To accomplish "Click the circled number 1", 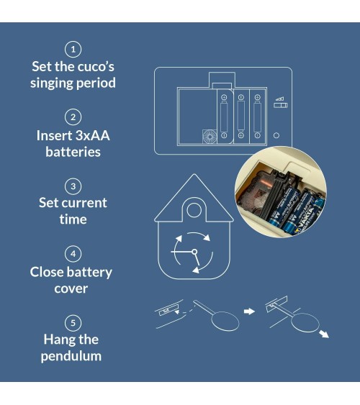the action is [73, 49].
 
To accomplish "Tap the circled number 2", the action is [73, 117].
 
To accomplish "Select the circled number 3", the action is [73, 186].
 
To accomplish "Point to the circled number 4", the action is [73, 254].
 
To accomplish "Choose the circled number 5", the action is [73, 323].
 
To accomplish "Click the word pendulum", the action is [71, 356].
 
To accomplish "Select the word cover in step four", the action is [71, 288].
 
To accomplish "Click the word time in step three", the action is [73, 219].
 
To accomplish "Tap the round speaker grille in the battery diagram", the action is [210, 137].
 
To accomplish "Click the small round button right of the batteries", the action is [276, 135].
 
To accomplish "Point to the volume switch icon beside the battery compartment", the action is [280, 103].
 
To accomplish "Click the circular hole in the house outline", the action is [194, 210].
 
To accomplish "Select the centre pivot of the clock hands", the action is [194, 252].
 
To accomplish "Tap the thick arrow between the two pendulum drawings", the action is [249, 311].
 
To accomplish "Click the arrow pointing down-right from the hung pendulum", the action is [324, 334].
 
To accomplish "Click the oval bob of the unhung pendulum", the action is [225, 321].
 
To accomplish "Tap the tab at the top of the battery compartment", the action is [222, 80].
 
